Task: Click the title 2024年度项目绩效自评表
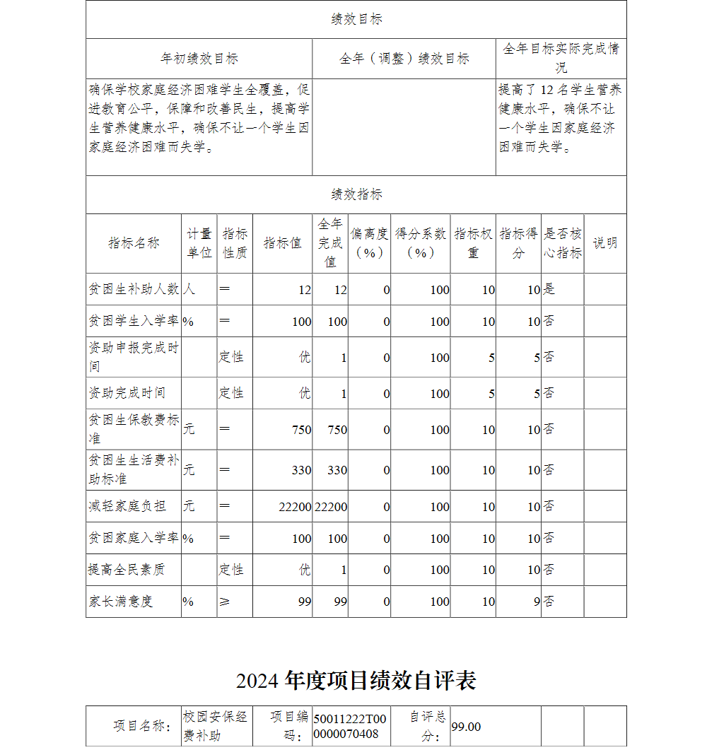pos(356,681)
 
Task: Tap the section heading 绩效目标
pos(356,20)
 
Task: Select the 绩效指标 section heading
pos(356,194)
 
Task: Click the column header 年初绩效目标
pos(199,59)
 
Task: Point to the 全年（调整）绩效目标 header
pos(404,59)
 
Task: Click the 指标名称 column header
pos(134,243)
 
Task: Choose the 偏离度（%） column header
pos(369,243)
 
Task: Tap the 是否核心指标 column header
pos(563,243)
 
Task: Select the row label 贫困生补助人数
pos(134,289)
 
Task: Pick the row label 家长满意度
pos(121,602)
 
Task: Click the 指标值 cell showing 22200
pos(295,507)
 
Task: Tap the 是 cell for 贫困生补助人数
pos(549,289)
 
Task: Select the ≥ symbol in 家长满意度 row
pos(225,602)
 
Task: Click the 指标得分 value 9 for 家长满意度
pos(537,602)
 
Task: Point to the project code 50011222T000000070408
pos(351,725)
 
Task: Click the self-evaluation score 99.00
pos(467,727)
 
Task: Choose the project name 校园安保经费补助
pos(216,726)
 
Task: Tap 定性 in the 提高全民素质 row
pos(231,570)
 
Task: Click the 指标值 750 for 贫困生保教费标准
pos(301,430)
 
